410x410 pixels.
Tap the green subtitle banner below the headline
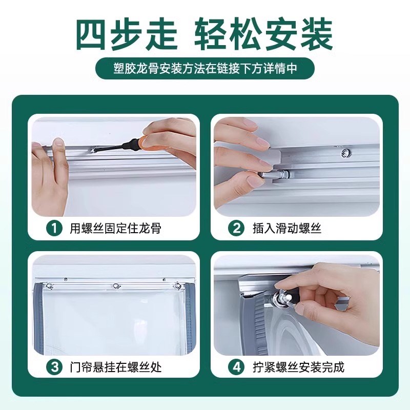click(x=205, y=68)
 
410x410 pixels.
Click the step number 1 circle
click(x=54, y=228)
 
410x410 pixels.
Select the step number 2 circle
click(x=237, y=228)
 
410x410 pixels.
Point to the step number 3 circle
click(x=54, y=367)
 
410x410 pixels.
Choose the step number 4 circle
click(x=237, y=367)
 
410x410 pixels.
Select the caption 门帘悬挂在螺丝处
click(x=115, y=367)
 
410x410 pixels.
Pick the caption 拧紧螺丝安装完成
click(x=298, y=367)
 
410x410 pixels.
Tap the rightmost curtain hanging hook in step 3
click(x=177, y=285)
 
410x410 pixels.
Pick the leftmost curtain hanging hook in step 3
click(x=50, y=285)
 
